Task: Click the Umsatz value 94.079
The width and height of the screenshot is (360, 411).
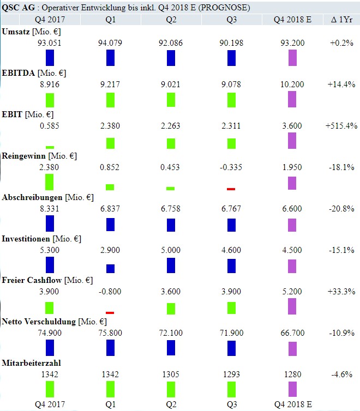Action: (110, 43)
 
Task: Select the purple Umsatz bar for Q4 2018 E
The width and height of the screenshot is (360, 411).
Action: (292, 58)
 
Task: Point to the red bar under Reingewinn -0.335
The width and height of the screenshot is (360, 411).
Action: (231, 189)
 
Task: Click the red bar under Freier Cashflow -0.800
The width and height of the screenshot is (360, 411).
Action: (110, 312)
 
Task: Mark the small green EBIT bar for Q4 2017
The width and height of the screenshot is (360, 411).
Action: (50, 147)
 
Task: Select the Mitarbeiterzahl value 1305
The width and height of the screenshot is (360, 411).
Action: (171, 373)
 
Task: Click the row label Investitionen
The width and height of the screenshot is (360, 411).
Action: (28, 238)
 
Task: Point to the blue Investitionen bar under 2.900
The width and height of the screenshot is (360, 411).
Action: (110, 268)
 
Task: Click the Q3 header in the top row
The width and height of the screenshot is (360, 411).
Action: (231, 20)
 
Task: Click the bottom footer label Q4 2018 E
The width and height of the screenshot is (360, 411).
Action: (293, 404)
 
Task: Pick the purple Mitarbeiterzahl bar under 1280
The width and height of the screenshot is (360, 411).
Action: (292, 389)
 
